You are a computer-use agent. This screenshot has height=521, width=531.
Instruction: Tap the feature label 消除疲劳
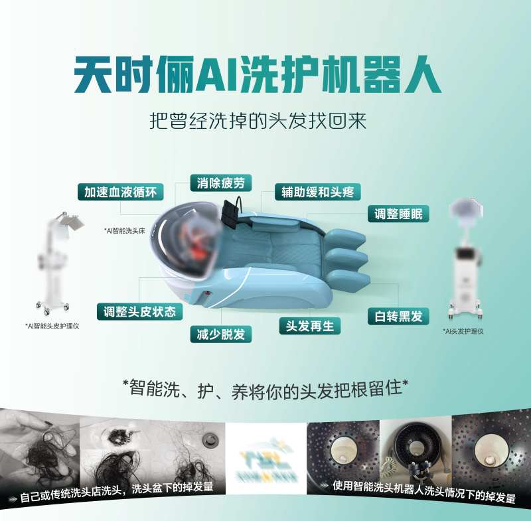(221, 183)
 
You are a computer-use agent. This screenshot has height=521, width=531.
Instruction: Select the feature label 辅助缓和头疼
(318, 192)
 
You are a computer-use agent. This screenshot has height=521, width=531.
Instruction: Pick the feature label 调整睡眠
(398, 214)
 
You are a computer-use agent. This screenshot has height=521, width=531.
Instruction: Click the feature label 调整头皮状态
(139, 311)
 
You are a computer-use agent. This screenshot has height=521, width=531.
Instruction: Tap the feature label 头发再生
(309, 325)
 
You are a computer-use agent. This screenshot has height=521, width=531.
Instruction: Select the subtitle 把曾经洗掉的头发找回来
(259, 123)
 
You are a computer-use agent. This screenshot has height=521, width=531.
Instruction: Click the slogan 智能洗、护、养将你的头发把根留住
(265, 388)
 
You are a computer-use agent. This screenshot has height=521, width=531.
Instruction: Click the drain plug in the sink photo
(211, 439)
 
